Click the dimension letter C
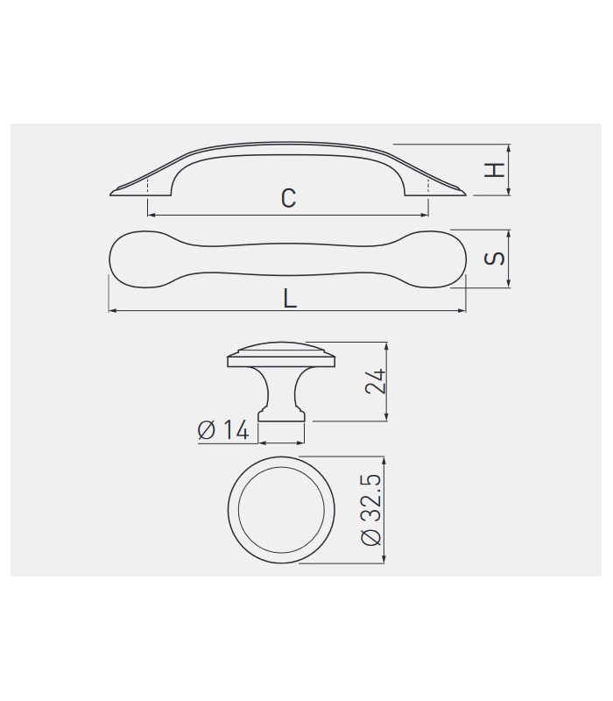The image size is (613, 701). [289, 198]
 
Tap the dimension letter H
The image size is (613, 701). [495, 170]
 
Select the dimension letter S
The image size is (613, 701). [495, 258]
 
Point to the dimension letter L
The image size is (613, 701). [291, 298]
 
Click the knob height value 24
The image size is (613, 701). [375, 381]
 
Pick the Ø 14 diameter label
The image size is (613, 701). [223, 430]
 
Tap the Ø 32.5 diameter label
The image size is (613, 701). [371, 510]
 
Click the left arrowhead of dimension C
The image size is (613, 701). [151, 215]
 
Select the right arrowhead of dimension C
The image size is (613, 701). [425, 215]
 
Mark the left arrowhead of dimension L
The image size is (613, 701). [113, 310]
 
